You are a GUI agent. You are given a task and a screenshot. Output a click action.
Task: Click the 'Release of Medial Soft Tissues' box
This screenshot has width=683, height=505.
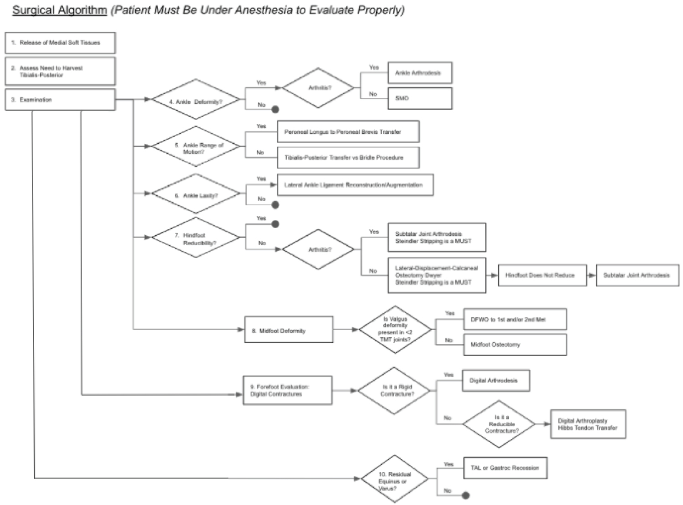[x=60, y=43]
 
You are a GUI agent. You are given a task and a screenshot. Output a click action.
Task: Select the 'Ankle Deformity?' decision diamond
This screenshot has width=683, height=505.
[x=196, y=100]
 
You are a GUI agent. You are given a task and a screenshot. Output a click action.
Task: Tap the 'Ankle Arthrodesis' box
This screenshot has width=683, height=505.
[x=419, y=73]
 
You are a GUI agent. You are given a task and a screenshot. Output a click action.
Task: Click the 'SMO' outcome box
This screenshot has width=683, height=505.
[x=419, y=98]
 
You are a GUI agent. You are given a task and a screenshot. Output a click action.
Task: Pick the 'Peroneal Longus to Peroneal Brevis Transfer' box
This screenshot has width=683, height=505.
[x=348, y=132]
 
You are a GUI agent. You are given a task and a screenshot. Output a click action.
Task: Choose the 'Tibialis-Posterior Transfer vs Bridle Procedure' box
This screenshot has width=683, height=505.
[x=348, y=158]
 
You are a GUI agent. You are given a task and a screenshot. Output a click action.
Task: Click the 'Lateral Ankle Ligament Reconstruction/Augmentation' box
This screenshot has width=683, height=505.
[x=355, y=185]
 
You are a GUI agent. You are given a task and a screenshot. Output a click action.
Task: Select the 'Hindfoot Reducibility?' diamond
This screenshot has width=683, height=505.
[x=196, y=238]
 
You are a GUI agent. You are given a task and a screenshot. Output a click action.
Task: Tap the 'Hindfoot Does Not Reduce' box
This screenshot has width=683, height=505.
[x=542, y=275]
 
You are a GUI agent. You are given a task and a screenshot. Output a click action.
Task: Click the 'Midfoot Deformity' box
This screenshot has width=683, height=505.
[x=289, y=330]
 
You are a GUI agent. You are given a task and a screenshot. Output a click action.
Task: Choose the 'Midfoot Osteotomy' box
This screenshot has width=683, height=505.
[x=515, y=345]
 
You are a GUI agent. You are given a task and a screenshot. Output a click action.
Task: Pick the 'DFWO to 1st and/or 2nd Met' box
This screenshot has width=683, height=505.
[x=515, y=320]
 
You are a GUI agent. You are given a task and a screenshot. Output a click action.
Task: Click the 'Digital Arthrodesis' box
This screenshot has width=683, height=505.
[x=495, y=380]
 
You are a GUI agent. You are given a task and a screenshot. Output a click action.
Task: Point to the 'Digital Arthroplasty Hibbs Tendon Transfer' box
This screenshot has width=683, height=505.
[x=588, y=424]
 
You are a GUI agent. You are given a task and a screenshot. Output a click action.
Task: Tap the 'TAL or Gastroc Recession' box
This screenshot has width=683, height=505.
[x=505, y=468]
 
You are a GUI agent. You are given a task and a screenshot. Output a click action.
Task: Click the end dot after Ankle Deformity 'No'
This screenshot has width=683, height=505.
[x=275, y=109]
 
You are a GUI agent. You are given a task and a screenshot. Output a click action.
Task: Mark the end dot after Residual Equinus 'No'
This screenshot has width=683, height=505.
[x=465, y=495]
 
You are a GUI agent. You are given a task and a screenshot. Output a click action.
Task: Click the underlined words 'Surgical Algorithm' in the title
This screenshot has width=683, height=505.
[x=60, y=10]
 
